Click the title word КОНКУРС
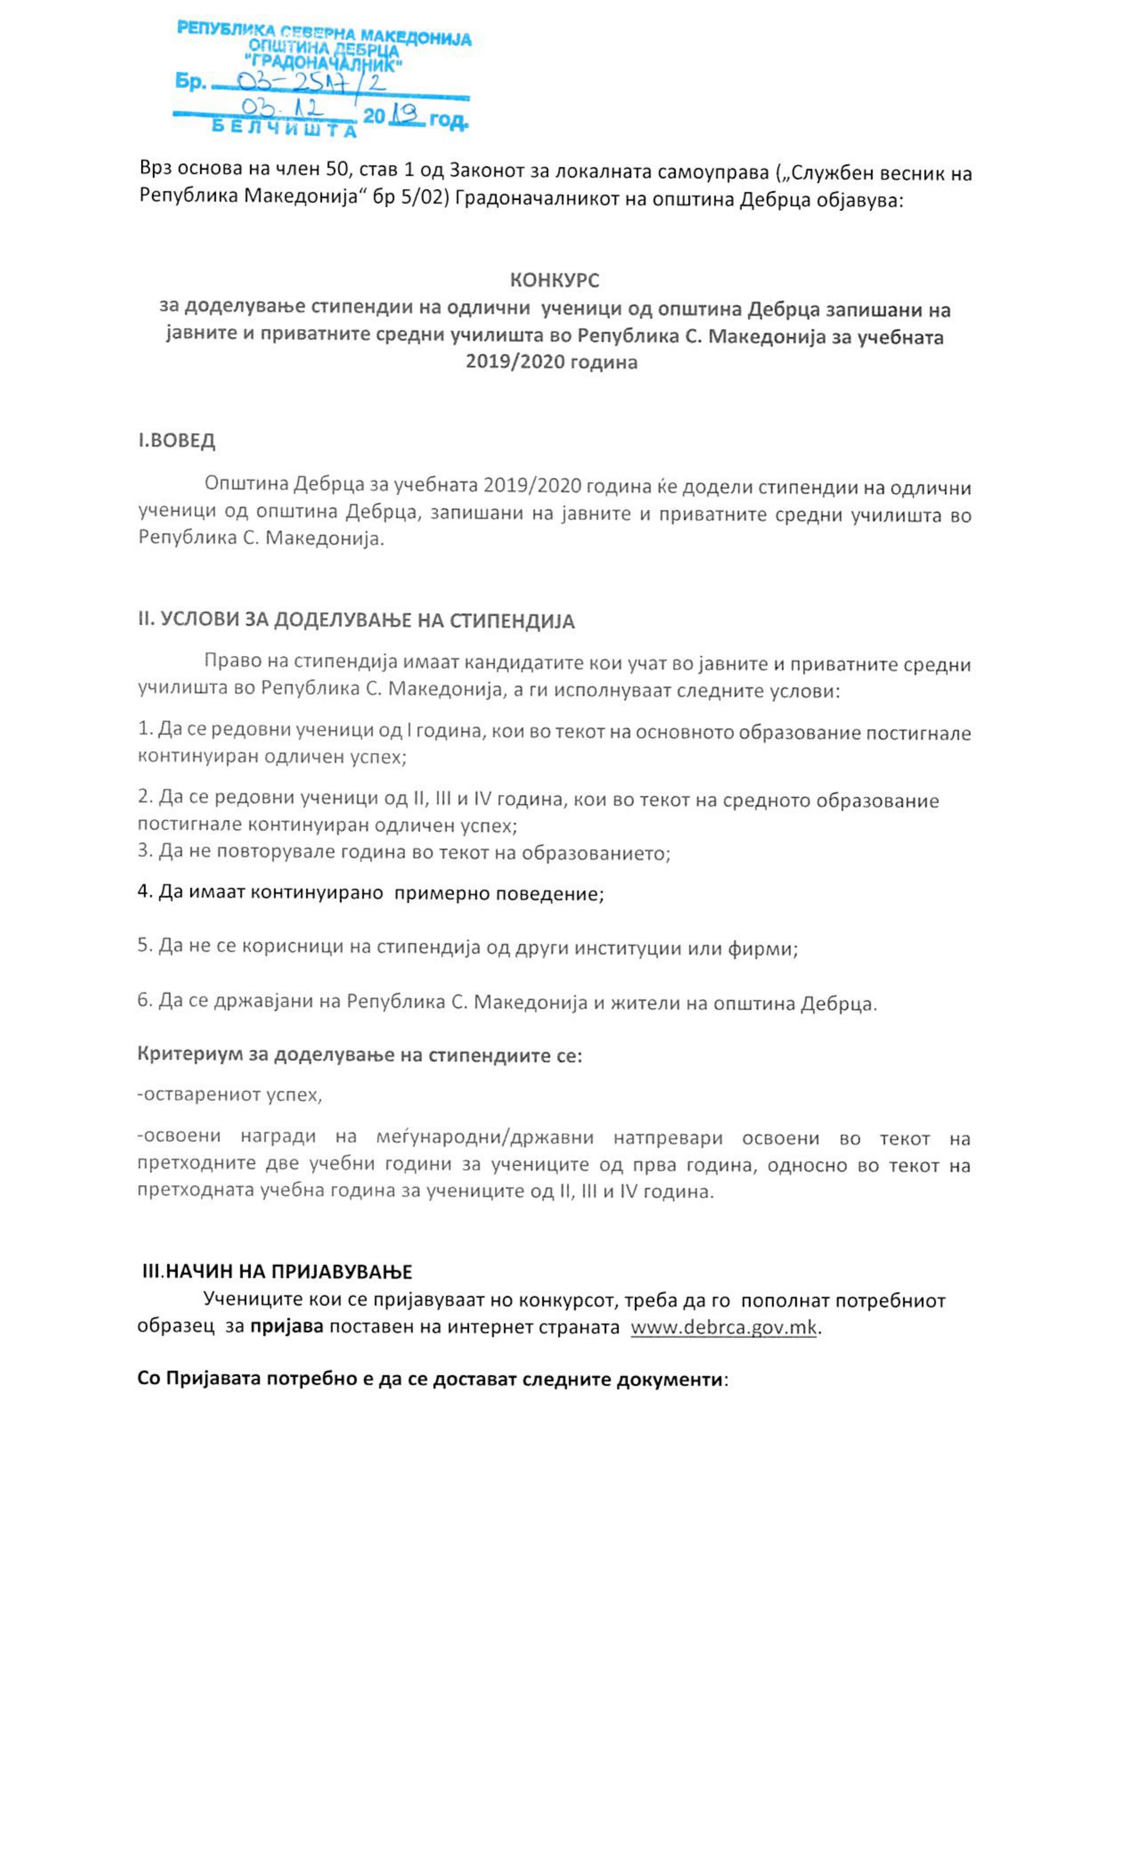click(x=554, y=280)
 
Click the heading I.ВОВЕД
click(x=176, y=441)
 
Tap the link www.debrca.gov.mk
click(x=723, y=1328)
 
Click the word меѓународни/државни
click(x=485, y=1138)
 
